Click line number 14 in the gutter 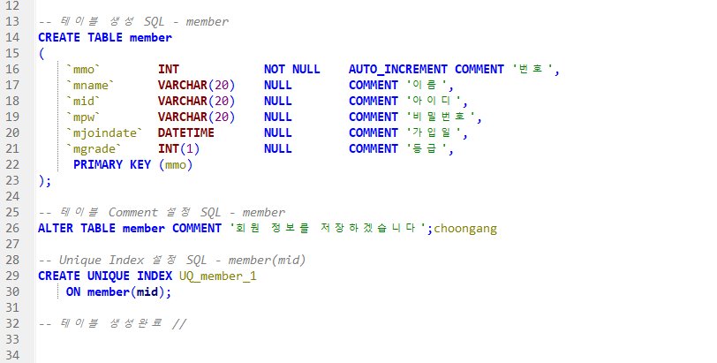pos(12,37)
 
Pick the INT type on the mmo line pos(169,69)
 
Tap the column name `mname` pos(92,85)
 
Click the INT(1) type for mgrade pos(179,148)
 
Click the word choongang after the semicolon pos(465,228)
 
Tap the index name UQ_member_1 pos(218,276)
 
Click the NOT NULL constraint pos(291,69)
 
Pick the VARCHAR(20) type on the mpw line pos(197,117)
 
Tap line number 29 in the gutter pos(12,276)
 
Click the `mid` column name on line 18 pos(85,101)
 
